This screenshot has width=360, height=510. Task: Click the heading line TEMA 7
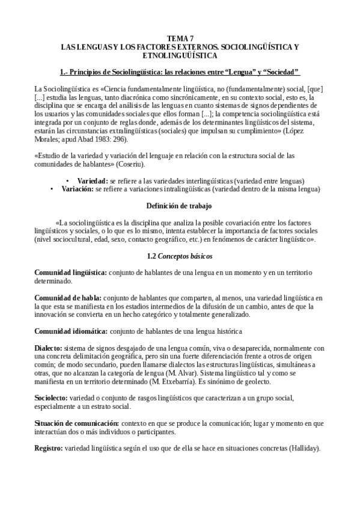pyautogui.click(x=180, y=38)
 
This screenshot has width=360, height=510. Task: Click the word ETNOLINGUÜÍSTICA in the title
pyautogui.click(x=180, y=55)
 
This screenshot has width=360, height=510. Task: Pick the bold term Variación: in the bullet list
pyautogui.click(x=77, y=188)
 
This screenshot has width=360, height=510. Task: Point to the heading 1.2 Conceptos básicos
pyautogui.click(x=180, y=256)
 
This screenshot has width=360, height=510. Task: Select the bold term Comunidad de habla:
pyautogui.click(x=68, y=298)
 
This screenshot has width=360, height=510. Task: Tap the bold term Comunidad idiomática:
pyautogui.click(x=71, y=331)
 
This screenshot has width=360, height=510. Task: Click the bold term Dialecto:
pyautogui.click(x=48, y=348)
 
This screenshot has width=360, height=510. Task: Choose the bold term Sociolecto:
pyautogui.click(x=50, y=398)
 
